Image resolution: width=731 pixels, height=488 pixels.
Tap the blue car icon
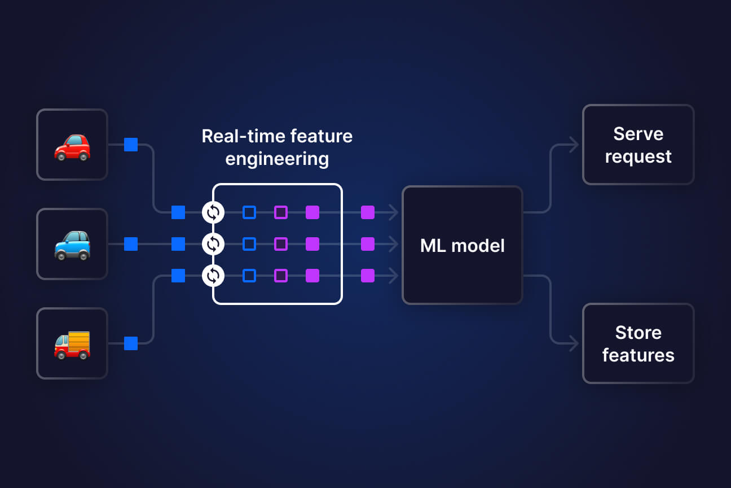click(x=72, y=244)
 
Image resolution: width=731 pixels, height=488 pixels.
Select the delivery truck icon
click(x=72, y=343)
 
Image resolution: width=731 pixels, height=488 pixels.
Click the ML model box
click(x=462, y=245)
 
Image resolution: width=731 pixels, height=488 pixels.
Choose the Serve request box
click(x=638, y=145)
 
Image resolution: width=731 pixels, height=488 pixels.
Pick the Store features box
click(x=638, y=343)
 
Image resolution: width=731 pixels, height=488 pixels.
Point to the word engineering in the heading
click(x=277, y=159)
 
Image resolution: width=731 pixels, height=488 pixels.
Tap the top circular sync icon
click(x=213, y=212)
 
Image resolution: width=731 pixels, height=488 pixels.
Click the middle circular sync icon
click(x=213, y=244)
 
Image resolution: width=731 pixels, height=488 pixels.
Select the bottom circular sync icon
click(x=213, y=276)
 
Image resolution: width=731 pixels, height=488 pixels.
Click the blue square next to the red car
click(x=131, y=145)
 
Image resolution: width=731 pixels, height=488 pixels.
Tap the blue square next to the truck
click(x=131, y=343)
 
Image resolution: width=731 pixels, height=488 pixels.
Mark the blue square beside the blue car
click(x=131, y=244)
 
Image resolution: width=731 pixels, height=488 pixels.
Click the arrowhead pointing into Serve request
click(x=574, y=145)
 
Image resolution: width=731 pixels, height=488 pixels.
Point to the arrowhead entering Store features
click(x=574, y=343)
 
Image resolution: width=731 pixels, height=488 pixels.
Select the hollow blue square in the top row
click(x=249, y=212)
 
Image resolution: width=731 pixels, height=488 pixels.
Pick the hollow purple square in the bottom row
click(x=281, y=276)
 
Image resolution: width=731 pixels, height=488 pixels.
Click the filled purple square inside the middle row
click(x=312, y=244)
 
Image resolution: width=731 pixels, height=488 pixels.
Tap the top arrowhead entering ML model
click(x=394, y=212)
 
